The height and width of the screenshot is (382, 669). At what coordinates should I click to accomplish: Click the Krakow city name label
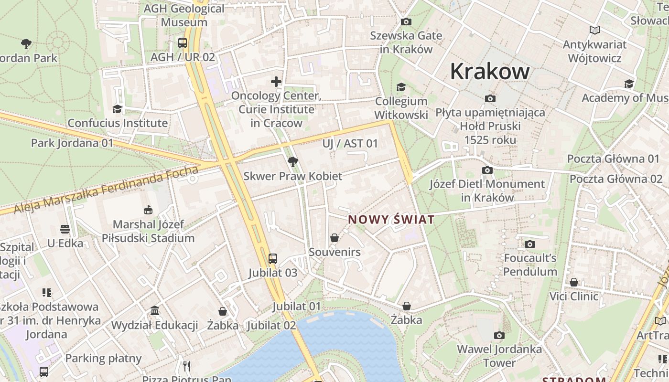click(x=490, y=72)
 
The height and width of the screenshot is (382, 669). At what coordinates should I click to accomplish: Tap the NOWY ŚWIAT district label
click(x=391, y=220)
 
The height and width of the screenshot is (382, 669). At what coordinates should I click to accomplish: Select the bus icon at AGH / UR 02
click(x=183, y=43)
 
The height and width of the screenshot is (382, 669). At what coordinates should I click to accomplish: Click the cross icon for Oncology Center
click(x=276, y=82)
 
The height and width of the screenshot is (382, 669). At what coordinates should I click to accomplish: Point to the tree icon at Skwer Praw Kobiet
click(x=293, y=162)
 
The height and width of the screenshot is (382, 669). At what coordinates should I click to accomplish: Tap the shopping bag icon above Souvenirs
click(x=334, y=237)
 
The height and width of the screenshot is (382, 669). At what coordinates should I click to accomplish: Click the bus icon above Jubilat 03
click(x=272, y=259)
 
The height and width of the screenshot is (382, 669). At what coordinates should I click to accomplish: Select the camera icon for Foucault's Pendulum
click(x=529, y=244)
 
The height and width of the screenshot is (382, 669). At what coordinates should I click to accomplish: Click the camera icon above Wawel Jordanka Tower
click(x=499, y=335)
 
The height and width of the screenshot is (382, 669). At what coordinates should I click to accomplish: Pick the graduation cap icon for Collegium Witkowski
click(x=401, y=87)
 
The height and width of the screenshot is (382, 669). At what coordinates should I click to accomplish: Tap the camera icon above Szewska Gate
click(x=406, y=21)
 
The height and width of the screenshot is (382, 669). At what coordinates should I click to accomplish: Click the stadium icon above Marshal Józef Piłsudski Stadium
click(x=148, y=210)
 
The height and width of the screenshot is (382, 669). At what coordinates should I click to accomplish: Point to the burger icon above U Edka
click(x=65, y=229)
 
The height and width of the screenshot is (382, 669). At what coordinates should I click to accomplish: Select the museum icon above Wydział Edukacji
click(x=155, y=311)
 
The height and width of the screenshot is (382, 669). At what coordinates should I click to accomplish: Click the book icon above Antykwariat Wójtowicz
click(x=594, y=31)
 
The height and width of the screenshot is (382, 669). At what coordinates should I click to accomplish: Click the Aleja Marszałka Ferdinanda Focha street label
click(x=106, y=190)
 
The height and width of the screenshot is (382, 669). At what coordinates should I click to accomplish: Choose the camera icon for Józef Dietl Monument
click(x=487, y=170)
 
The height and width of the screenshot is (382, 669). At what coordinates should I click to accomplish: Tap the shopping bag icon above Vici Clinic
click(x=573, y=282)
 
